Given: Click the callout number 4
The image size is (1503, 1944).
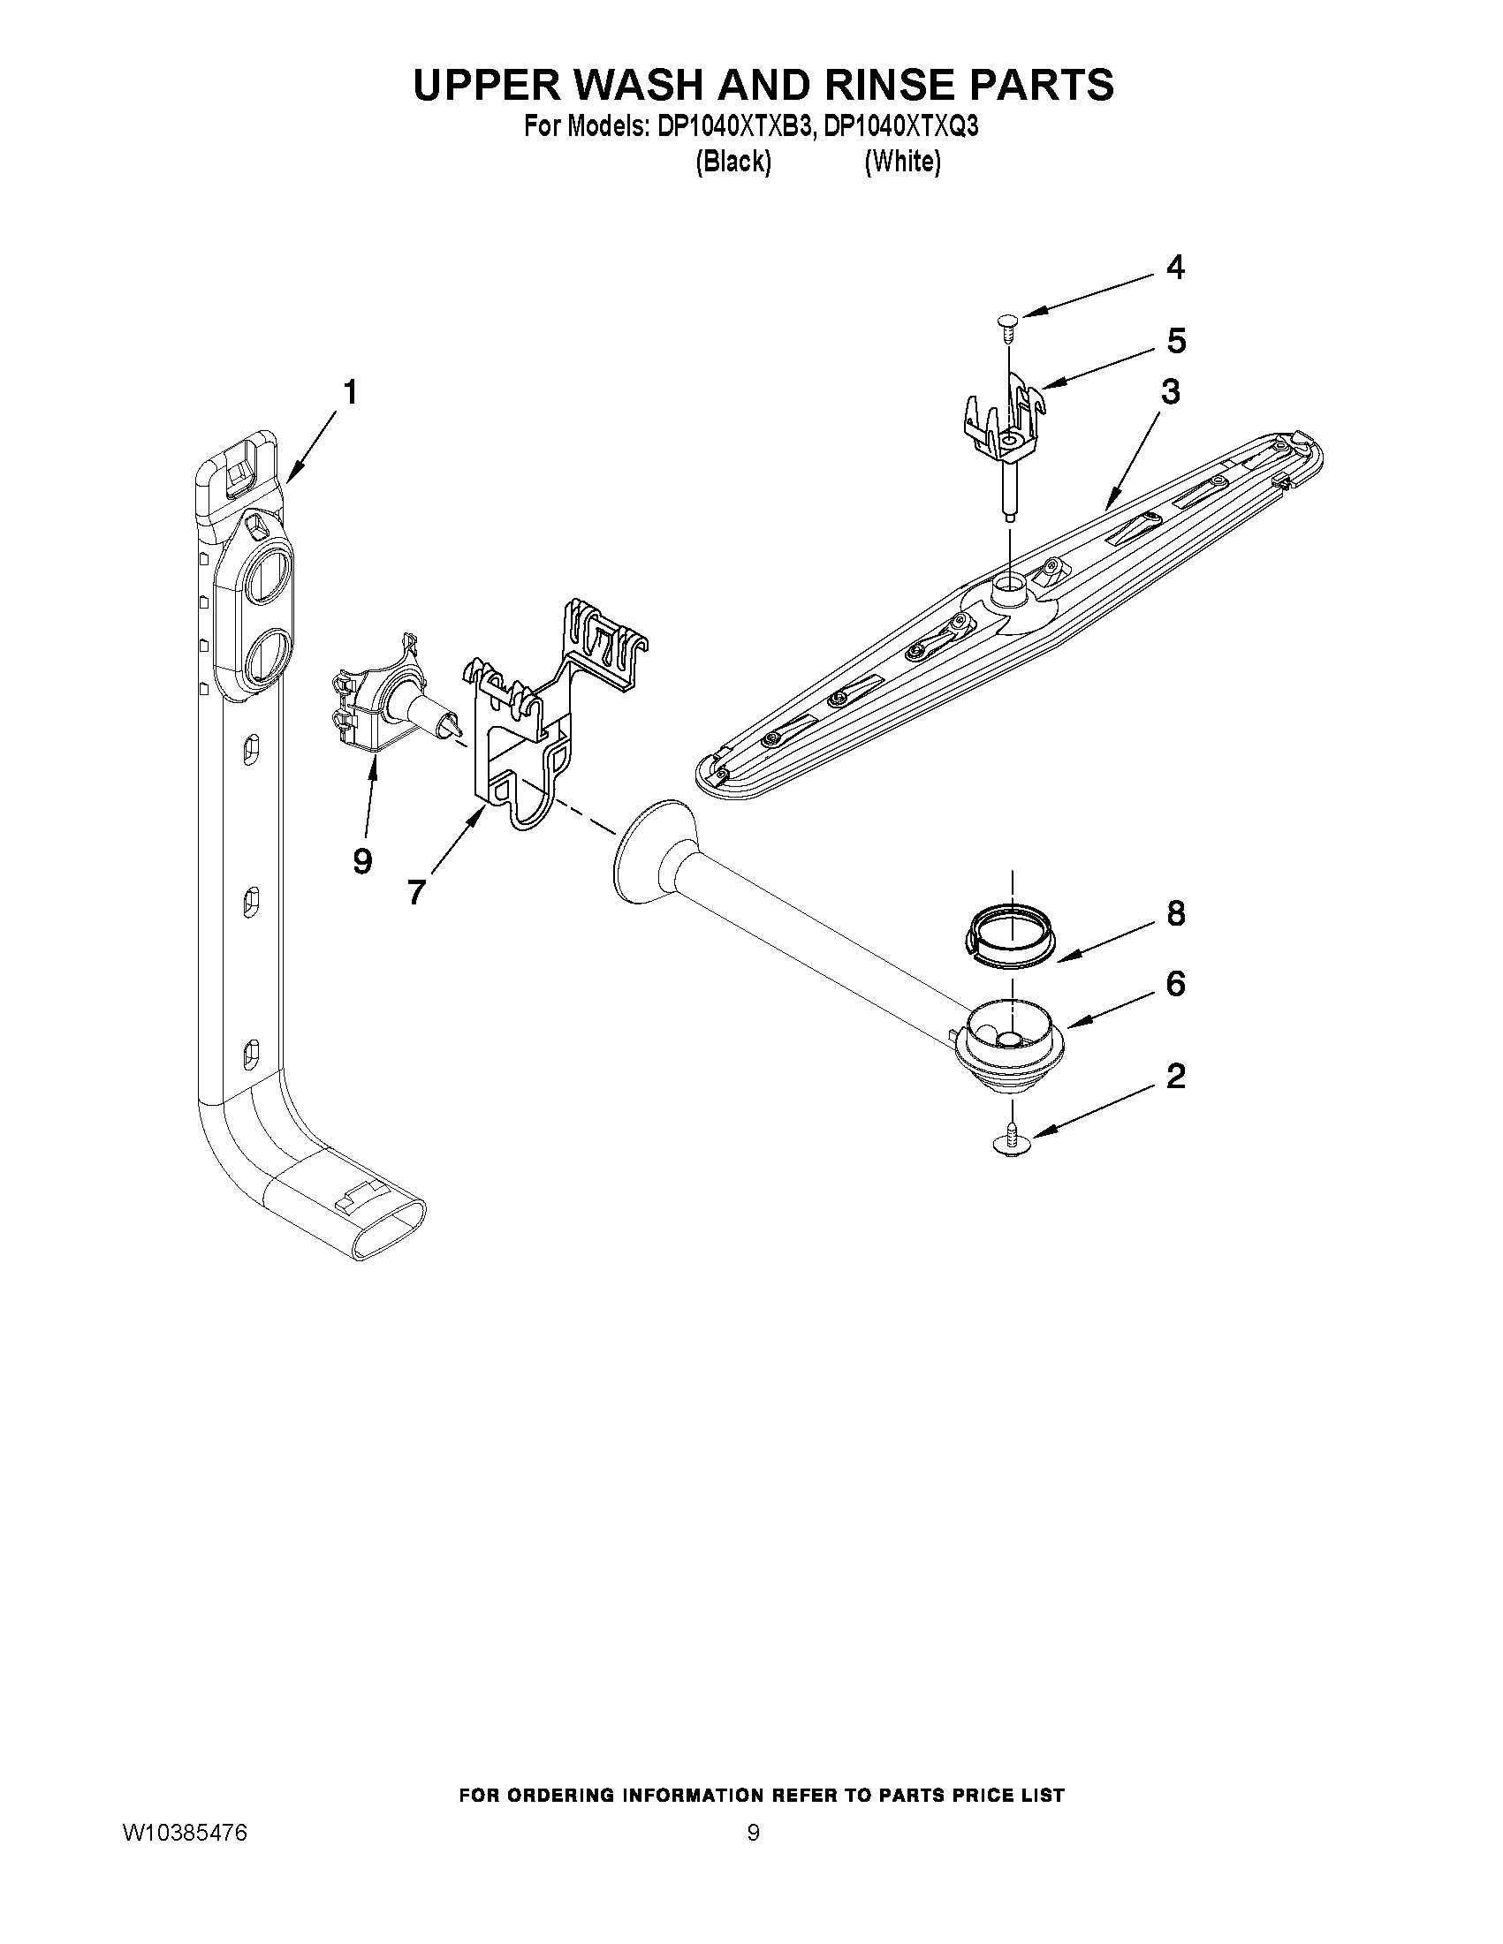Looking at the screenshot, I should pos(1175,268).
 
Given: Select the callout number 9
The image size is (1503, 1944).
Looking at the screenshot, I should pos(361,861).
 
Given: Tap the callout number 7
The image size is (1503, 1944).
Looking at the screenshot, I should pos(416,891).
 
